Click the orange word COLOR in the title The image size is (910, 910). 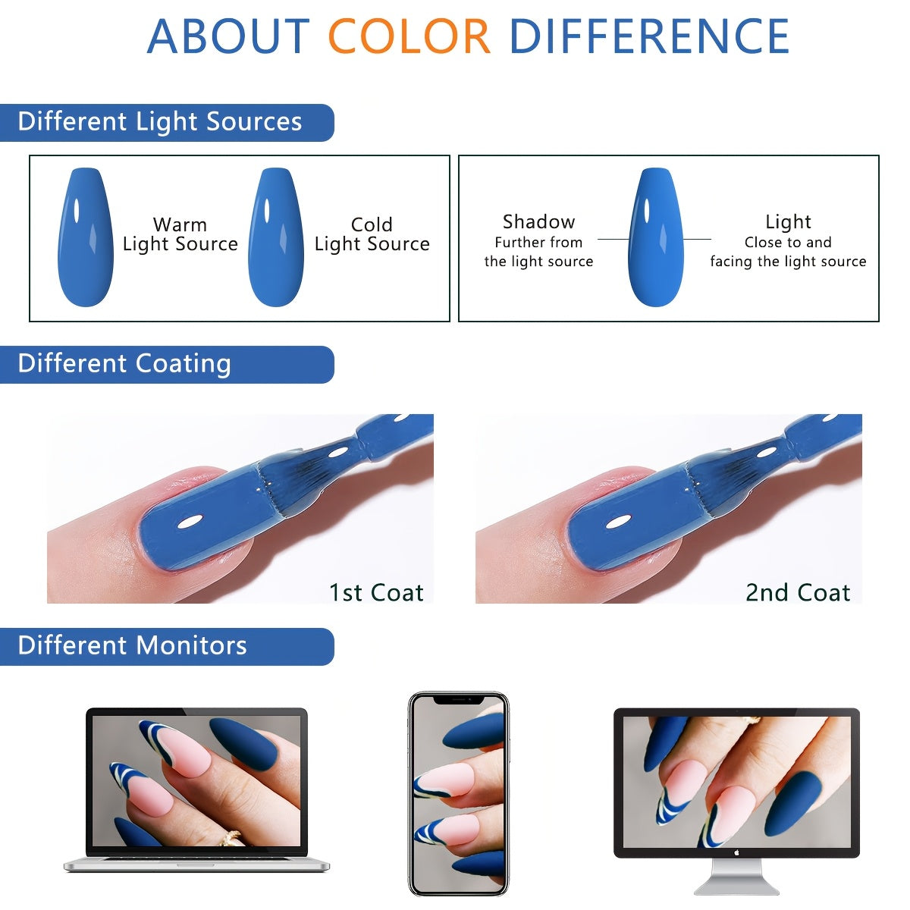409,36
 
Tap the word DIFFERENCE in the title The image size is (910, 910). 649,36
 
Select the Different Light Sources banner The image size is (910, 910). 167,122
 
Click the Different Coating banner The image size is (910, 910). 167,365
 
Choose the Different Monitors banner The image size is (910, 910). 167,647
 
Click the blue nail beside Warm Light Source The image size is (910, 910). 86,237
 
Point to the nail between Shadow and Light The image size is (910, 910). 656,237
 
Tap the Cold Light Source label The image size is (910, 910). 372,234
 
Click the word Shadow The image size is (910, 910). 539,221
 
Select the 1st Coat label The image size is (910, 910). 376,593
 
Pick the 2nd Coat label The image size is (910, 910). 798,593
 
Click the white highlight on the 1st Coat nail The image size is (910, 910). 190,522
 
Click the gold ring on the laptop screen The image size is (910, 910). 231,837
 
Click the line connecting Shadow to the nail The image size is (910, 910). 613,240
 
